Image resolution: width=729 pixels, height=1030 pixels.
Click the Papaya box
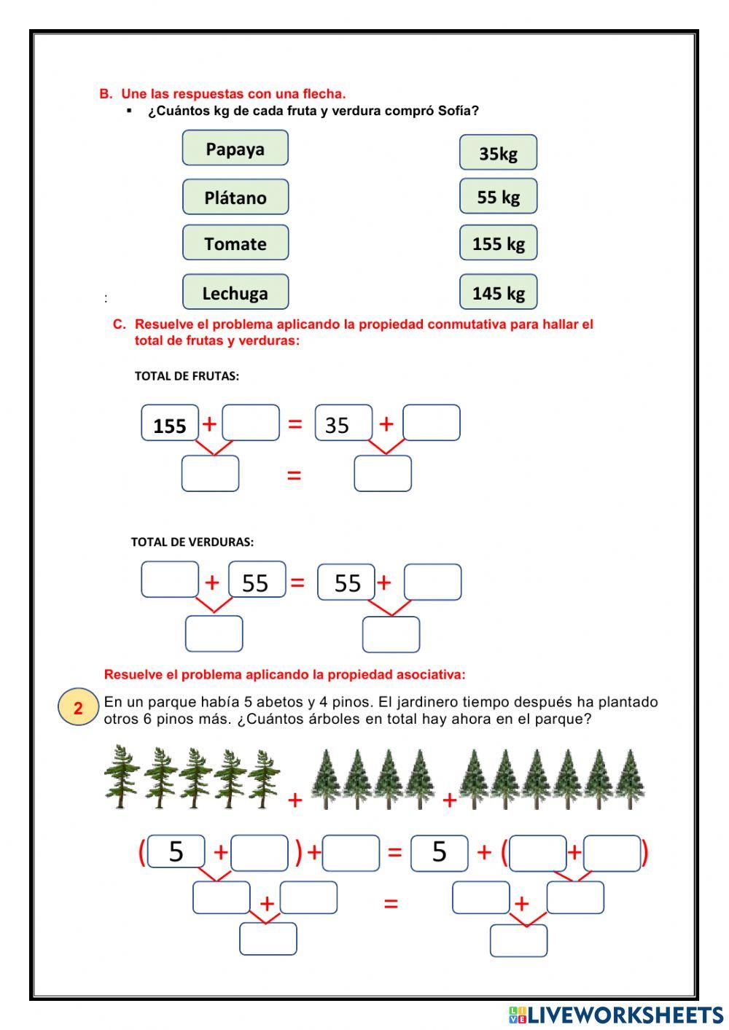[x=235, y=148]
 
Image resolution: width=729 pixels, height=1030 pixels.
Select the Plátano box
[x=235, y=197]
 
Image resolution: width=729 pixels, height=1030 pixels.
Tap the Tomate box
[x=235, y=243]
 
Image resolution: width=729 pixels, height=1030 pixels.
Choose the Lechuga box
[x=235, y=292]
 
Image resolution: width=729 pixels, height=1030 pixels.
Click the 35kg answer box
[x=498, y=152]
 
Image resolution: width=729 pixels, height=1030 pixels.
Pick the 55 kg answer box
[x=498, y=196]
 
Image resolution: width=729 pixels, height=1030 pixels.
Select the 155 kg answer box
[x=498, y=243]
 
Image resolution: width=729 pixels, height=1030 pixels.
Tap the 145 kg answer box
[x=498, y=292]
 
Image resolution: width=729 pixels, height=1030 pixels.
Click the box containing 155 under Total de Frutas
[x=170, y=424]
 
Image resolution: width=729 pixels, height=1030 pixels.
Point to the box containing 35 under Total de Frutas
[x=343, y=424]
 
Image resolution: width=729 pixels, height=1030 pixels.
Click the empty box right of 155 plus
[x=251, y=423]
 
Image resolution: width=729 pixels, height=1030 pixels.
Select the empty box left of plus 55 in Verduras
[x=170, y=580]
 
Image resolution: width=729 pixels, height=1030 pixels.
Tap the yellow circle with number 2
[x=78, y=708]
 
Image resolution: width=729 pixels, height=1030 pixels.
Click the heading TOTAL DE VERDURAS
[x=192, y=542]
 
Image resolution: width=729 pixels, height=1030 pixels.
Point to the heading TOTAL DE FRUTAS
[x=187, y=376]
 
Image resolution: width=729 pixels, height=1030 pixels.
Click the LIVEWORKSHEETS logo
[x=615, y=1015]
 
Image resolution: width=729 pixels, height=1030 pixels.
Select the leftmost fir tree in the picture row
[x=121, y=776]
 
